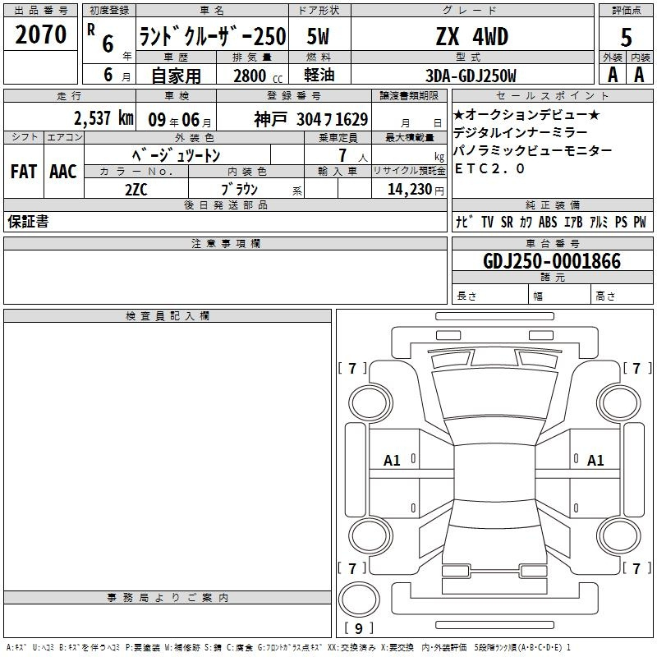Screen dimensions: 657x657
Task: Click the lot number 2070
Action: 40,34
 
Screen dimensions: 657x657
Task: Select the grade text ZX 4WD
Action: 471,36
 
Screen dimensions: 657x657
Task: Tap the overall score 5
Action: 626,38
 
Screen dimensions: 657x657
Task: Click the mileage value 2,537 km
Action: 103,118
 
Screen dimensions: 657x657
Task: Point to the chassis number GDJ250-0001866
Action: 552,261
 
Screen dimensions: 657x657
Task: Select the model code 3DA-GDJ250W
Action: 471,76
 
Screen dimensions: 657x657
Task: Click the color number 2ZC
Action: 136,190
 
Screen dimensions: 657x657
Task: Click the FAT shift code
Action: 24,172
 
